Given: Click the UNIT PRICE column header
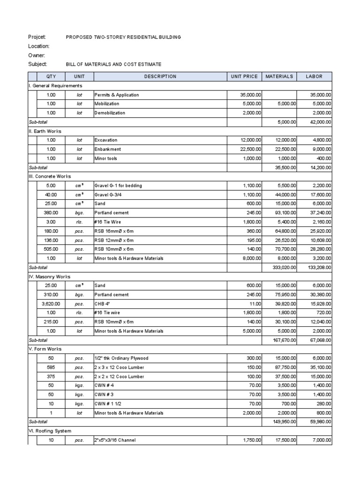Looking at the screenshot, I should point(244,76).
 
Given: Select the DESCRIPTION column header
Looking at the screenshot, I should point(160,76).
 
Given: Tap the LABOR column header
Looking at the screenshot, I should point(314,76).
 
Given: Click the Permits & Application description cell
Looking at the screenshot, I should point(117,95).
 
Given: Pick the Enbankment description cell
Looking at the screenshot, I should point(108,149).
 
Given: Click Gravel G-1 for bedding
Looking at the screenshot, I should point(118,186).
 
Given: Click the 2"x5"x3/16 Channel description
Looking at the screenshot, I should point(118,441).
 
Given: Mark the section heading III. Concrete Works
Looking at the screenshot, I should point(50,176).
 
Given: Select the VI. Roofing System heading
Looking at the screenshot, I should point(50,431).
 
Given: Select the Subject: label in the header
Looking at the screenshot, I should point(38,64).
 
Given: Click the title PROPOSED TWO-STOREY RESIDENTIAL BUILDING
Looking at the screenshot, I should point(123,37).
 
